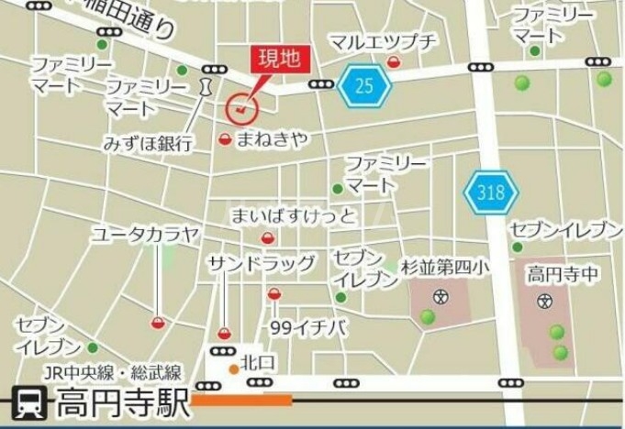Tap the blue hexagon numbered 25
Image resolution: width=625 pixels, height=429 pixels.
pyautogui.click(x=364, y=87)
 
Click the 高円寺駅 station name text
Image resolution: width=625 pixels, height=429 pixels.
pyautogui.click(x=123, y=403)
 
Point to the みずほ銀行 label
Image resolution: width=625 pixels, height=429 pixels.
pyautogui.click(x=148, y=144)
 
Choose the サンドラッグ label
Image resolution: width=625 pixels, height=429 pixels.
pyautogui.click(x=261, y=264)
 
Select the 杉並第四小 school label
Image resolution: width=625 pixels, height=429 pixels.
pyautogui.click(x=446, y=267)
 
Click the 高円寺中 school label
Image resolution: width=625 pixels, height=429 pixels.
pyautogui.click(x=563, y=273)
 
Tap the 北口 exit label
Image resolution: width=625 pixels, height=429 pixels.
pyautogui.click(x=258, y=359)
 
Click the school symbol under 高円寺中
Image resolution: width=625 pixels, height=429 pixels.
pyautogui.click(x=544, y=300)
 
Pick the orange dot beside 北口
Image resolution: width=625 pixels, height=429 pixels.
pyautogui.click(x=234, y=369)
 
